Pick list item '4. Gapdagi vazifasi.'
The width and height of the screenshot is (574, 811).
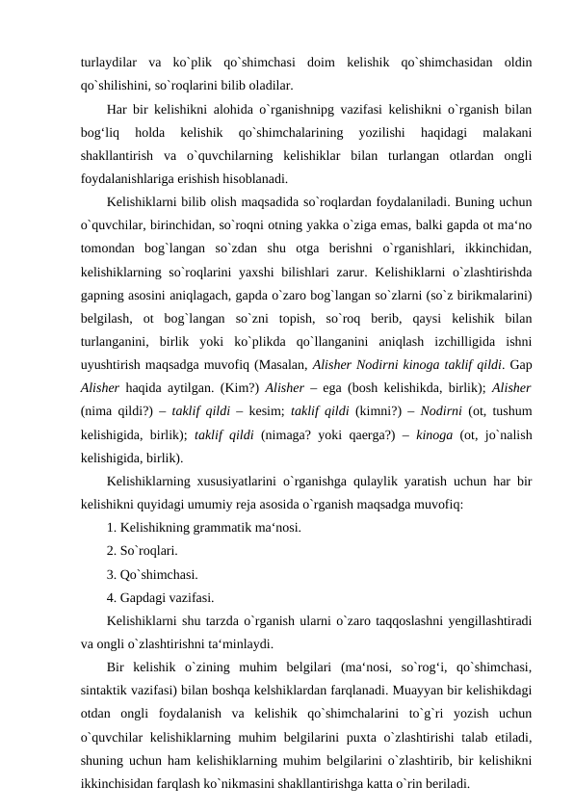161,596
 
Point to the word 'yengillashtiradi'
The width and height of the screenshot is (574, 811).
485,619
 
